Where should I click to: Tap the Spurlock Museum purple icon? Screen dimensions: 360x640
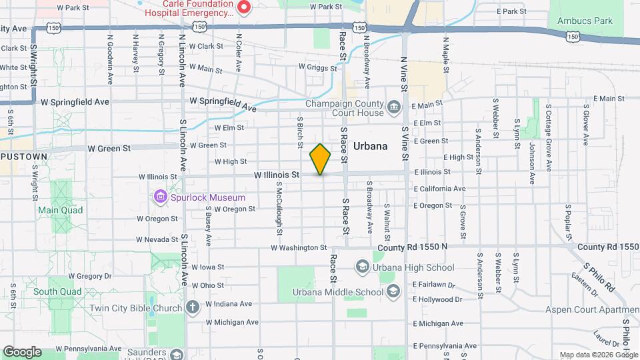[x=160, y=197]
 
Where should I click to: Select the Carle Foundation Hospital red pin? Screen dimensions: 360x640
[x=244, y=7]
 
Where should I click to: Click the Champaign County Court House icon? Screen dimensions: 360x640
[x=393, y=106]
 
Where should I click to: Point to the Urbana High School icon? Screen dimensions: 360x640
[x=362, y=267]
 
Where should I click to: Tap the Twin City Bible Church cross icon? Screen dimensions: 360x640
[x=193, y=307]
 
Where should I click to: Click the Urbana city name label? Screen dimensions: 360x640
[x=371, y=146]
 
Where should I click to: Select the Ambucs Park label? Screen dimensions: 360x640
[x=585, y=21]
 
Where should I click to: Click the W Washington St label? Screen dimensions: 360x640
[x=298, y=247]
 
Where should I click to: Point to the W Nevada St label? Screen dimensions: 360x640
[x=158, y=239]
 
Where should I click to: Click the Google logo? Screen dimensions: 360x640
[x=22, y=351]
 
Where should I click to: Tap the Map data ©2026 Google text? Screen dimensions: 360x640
[x=597, y=355]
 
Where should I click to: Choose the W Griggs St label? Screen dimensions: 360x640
[x=318, y=67]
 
